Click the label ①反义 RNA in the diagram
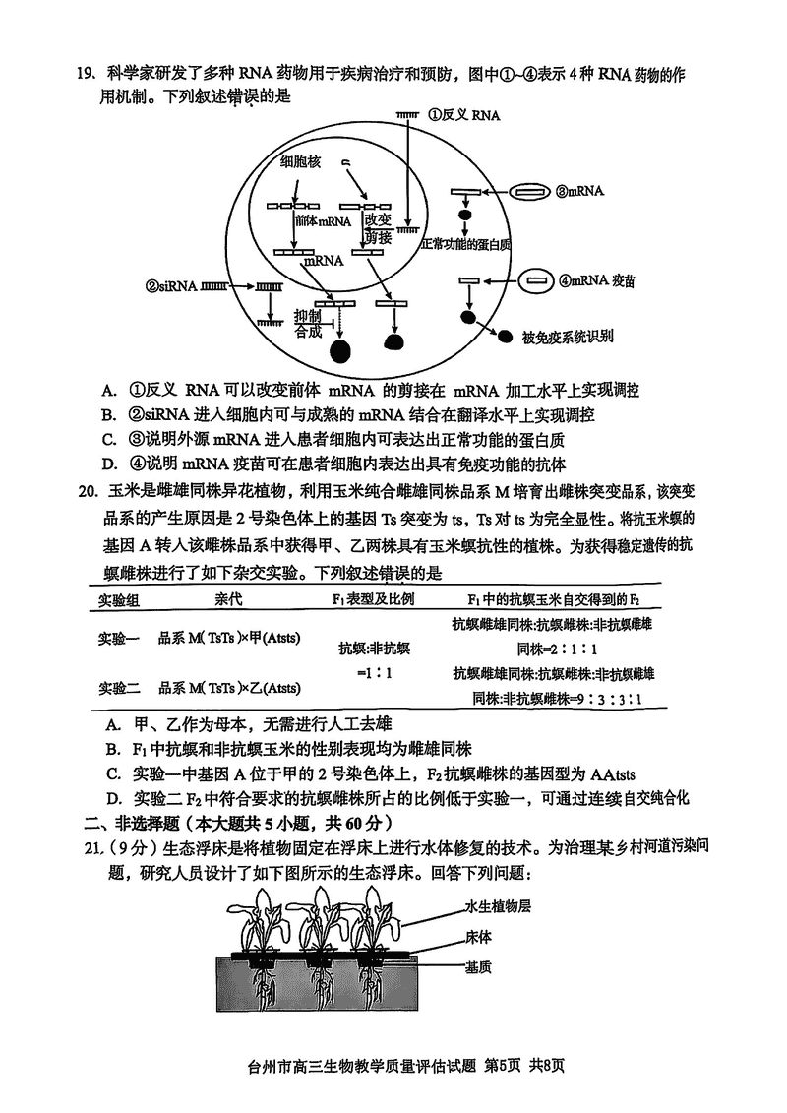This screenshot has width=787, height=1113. (464, 115)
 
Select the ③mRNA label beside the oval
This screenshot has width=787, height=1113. (579, 192)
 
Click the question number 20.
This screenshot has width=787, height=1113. (86, 489)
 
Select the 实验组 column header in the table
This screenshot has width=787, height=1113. (117, 599)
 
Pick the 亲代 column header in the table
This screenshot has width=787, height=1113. (227, 599)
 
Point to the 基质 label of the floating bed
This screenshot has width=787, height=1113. (479, 966)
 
